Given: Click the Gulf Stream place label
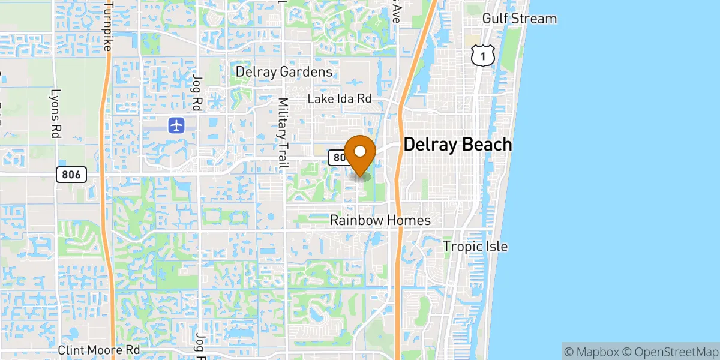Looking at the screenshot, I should point(520,19).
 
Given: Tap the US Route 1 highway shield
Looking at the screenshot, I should point(482,55).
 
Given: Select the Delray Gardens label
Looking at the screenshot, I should point(284,72).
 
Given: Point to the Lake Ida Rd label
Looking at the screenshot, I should point(340,99).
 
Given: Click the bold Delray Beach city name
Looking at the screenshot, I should point(458,145).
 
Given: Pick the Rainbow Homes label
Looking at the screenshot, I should point(380,221).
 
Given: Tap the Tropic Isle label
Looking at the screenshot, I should point(475,247).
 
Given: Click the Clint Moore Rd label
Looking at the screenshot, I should point(99,349).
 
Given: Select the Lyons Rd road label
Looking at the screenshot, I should point(56,114).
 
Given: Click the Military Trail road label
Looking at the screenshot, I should point(283,133).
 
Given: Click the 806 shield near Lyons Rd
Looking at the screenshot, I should point(71,175).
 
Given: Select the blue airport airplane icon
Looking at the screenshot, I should point(176,126).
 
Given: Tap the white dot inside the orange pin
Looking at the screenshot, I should point(360,151).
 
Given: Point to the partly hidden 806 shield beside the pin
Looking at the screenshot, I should point(337,157).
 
